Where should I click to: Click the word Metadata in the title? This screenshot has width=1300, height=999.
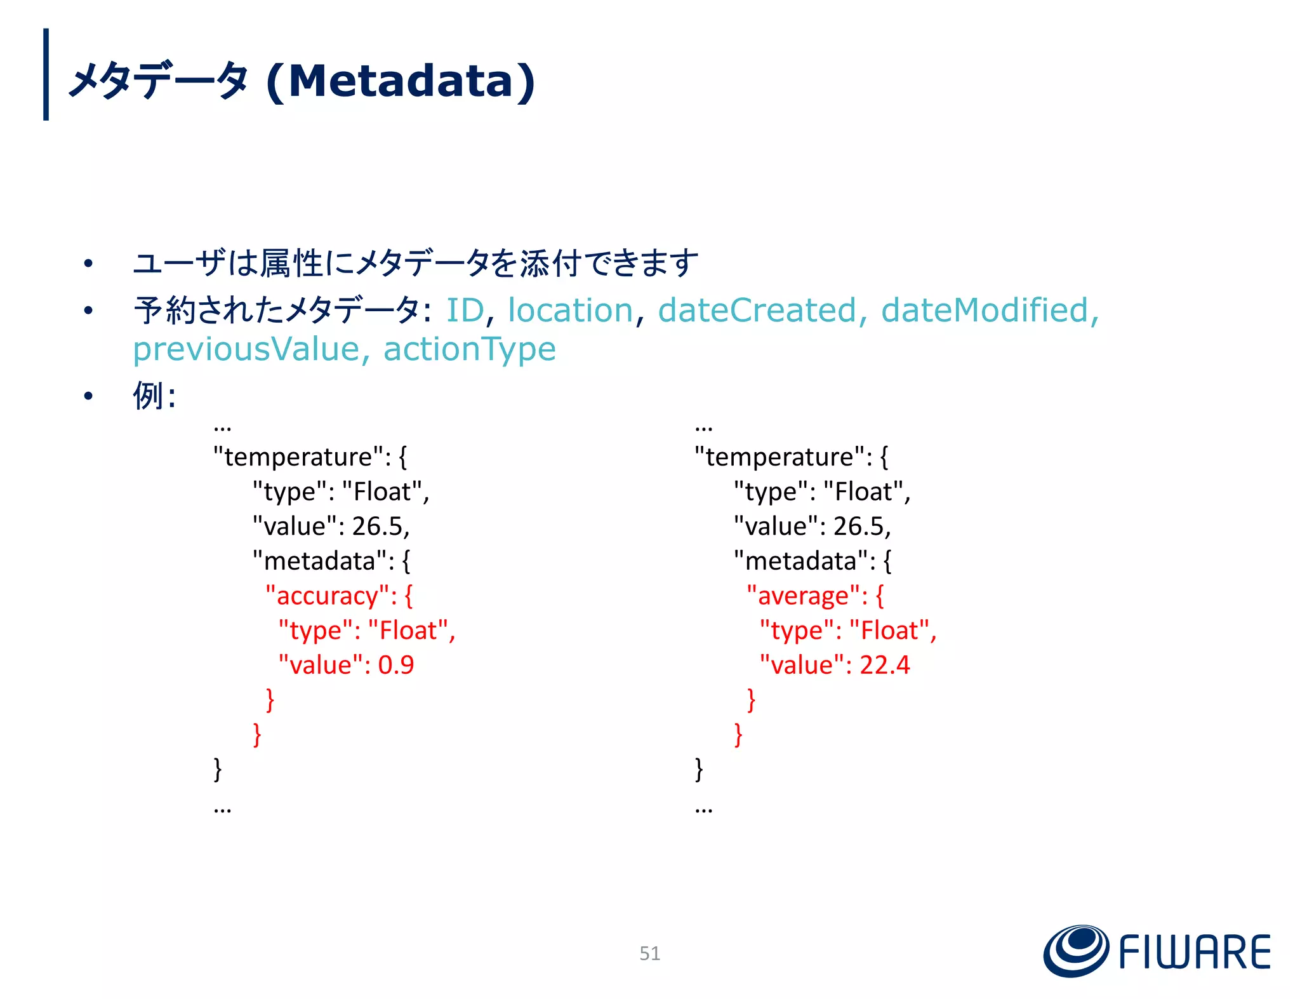(401, 81)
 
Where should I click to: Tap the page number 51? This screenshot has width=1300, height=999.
(649, 953)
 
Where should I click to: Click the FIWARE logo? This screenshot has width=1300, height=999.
(1157, 951)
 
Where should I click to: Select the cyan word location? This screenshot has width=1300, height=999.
(570, 311)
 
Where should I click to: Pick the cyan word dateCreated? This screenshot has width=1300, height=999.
(757, 311)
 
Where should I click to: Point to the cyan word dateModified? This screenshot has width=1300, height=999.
(985, 311)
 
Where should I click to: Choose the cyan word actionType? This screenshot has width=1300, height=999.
(470, 349)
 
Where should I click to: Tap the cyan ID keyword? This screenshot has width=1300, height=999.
(465, 311)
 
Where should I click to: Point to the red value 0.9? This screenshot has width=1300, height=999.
(396, 665)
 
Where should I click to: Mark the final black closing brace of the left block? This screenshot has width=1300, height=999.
(218, 769)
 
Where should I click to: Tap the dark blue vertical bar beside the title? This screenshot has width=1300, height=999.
(46, 74)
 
